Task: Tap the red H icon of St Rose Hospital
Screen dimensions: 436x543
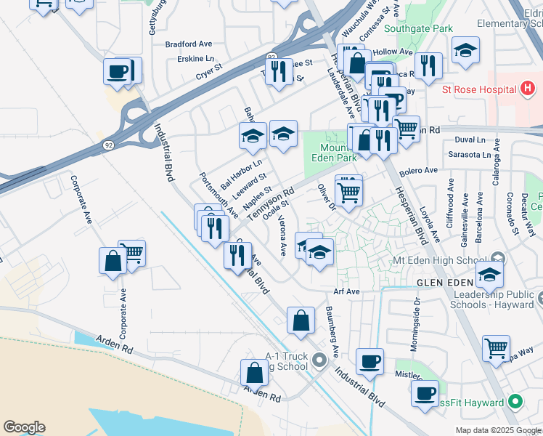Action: (528, 90)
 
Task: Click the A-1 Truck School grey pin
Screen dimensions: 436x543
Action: (319, 360)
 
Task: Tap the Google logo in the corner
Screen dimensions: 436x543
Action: (24, 427)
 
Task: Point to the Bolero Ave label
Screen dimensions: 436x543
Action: (420, 171)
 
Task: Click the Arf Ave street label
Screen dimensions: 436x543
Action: (347, 291)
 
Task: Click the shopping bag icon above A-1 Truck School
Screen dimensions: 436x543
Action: (301, 320)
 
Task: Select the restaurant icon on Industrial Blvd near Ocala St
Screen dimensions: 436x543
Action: (237, 255)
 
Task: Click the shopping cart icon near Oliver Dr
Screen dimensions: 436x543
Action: (349, 193)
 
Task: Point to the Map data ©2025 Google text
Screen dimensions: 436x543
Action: (498, 430)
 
